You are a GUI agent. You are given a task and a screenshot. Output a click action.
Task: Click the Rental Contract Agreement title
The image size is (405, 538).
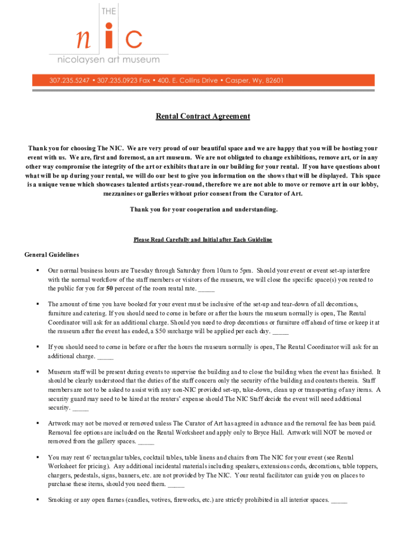point(202,116)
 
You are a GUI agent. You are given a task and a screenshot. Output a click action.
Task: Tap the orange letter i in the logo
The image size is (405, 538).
point(108,38)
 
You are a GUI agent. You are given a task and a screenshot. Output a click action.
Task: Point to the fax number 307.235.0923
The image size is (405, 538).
point(119,80)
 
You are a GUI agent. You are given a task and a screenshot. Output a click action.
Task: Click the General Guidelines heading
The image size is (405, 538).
point(52,255)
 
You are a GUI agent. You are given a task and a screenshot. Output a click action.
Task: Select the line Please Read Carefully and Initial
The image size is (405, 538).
point(202,240)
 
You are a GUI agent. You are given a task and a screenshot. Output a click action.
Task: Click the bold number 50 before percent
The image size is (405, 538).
point(109,288)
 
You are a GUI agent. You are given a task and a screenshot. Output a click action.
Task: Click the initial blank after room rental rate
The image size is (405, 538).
point(207,289)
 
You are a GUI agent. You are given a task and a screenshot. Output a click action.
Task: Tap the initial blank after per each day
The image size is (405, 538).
point(281,332)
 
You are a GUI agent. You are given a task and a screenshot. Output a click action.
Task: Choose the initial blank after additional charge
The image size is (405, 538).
point(105,356)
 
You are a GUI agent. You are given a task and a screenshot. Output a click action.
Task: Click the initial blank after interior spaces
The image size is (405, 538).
point(339,500)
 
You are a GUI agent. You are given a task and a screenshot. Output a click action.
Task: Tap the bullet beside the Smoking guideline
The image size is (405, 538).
point(38,500)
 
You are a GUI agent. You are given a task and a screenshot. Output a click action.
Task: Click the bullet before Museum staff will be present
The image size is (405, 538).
point(38,371)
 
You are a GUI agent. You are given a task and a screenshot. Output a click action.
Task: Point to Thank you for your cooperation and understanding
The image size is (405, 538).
point(203,210)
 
